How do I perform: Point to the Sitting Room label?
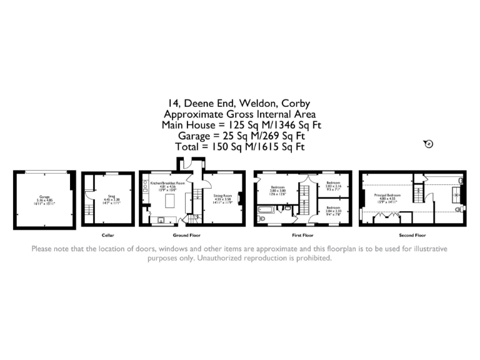coord(222,199)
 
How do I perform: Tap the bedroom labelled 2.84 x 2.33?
coord(332,209)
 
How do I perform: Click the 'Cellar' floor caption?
coord(107,236)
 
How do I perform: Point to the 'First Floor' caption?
coord(302,236)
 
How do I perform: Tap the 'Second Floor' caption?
coord(412,236)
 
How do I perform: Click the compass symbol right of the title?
coord(428,144)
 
